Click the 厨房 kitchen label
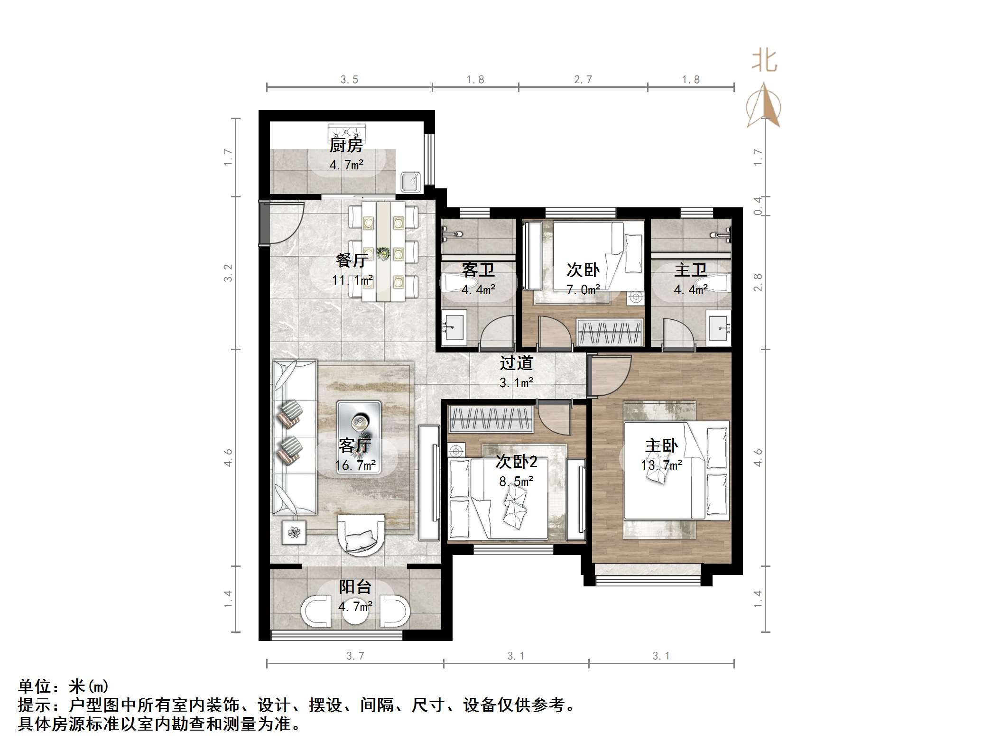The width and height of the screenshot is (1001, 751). [346, 145]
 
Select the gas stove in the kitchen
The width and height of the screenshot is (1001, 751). [347, 131]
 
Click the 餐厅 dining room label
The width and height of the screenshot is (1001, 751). [352, 260]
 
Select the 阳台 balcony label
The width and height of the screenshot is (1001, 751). [354, 587]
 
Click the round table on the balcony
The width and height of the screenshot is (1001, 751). [355, 612]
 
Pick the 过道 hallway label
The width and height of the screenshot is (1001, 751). [516, 363]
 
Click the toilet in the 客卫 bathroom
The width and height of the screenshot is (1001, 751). [456, 283]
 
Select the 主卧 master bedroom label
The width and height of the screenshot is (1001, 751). [661, 445]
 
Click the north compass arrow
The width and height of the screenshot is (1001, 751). [763, 105]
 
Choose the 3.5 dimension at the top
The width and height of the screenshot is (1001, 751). [349, 80]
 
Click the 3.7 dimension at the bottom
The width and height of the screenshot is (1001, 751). [355, 656]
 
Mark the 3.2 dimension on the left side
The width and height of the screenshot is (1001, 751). [228, 273]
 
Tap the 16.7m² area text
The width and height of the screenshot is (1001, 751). [356, 465]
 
